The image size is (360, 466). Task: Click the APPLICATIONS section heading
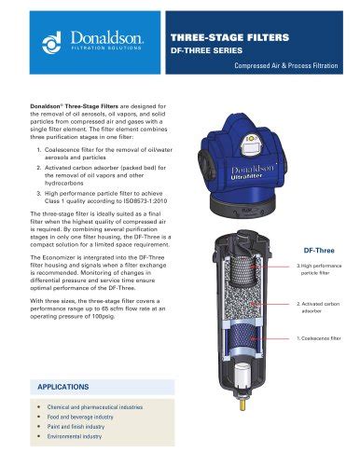[69, 385]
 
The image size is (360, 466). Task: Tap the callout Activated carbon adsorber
[320, 308]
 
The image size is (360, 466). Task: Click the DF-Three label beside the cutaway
[320, 251]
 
